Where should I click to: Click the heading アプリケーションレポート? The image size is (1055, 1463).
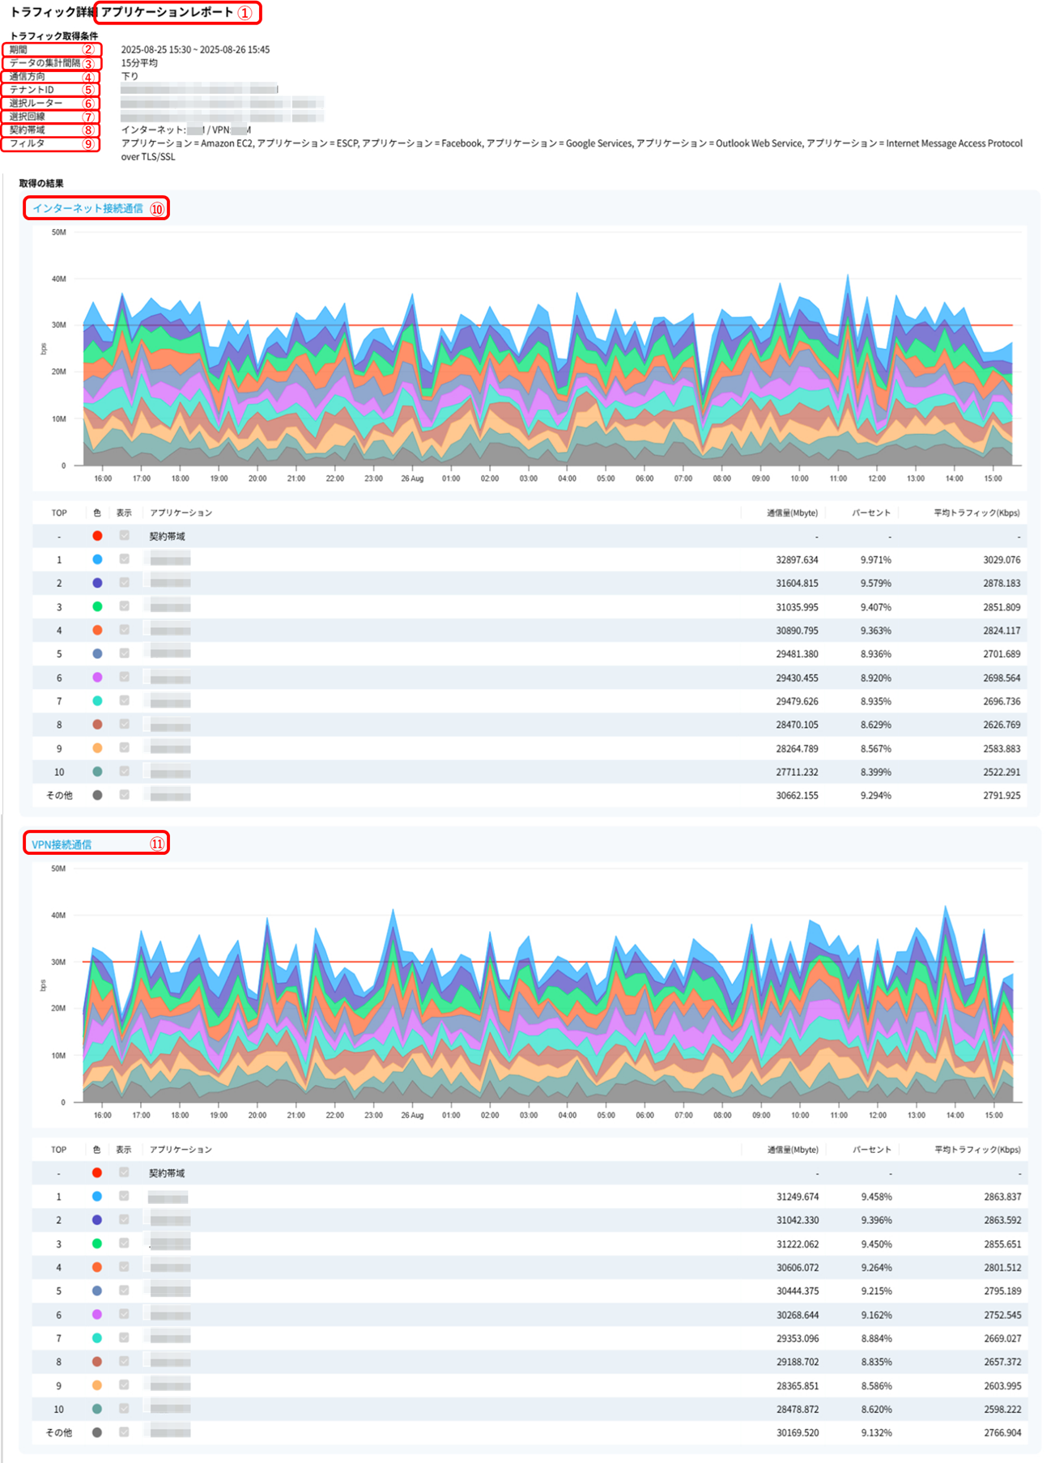pyautogui.click(x=167, y=12)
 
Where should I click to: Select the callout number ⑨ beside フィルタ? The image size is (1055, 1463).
pyautogui.click(x=89, y=144)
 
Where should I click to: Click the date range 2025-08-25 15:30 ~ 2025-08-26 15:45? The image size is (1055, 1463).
pyautogui.click(x=195, y=49)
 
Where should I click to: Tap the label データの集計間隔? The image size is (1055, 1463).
pyautogui.click(x=45, y=63)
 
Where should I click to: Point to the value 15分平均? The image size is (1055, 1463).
pyautogui.click(x=139, y=63)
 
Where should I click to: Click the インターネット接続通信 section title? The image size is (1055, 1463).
pyautogui.click(x=87, y=208)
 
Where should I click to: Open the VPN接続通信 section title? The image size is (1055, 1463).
pyautogui.click(x=62, y=844)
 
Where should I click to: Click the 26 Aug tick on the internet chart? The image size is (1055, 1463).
pyautogui.click(x=412, y=478)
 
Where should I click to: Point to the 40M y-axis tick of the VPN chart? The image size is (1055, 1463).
pyautogui.click(x=58, y=916)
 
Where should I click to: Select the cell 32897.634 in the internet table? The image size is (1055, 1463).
pyautogui.click(x=797, y=559)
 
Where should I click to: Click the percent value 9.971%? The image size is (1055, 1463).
pyautogui.click(x=875, y=559)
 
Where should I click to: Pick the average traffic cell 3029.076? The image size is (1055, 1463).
pyautogui.click(x=1002, y=559)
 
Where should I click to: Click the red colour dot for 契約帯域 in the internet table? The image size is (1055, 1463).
pyautogui.click(x=97, y=536)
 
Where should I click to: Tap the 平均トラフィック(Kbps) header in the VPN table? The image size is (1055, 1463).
pyautogui.click(x=977, y=1150)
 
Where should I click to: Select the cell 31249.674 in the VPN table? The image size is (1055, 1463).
pyautogui.click(x=798, y=1197)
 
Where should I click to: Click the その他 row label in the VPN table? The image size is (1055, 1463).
pyautogui.click(x=59, y=1432)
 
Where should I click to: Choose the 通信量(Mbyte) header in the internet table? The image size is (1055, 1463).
pyautogui.click(x=792, y=512)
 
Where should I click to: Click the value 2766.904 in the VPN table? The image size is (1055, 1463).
pyautogui.click(x=1002, y=1432)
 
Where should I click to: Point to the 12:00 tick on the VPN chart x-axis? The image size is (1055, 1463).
pyautogui.click(x=878, y=1115)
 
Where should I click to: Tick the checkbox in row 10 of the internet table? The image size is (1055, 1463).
pyautogui.click(x=124, y=772)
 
